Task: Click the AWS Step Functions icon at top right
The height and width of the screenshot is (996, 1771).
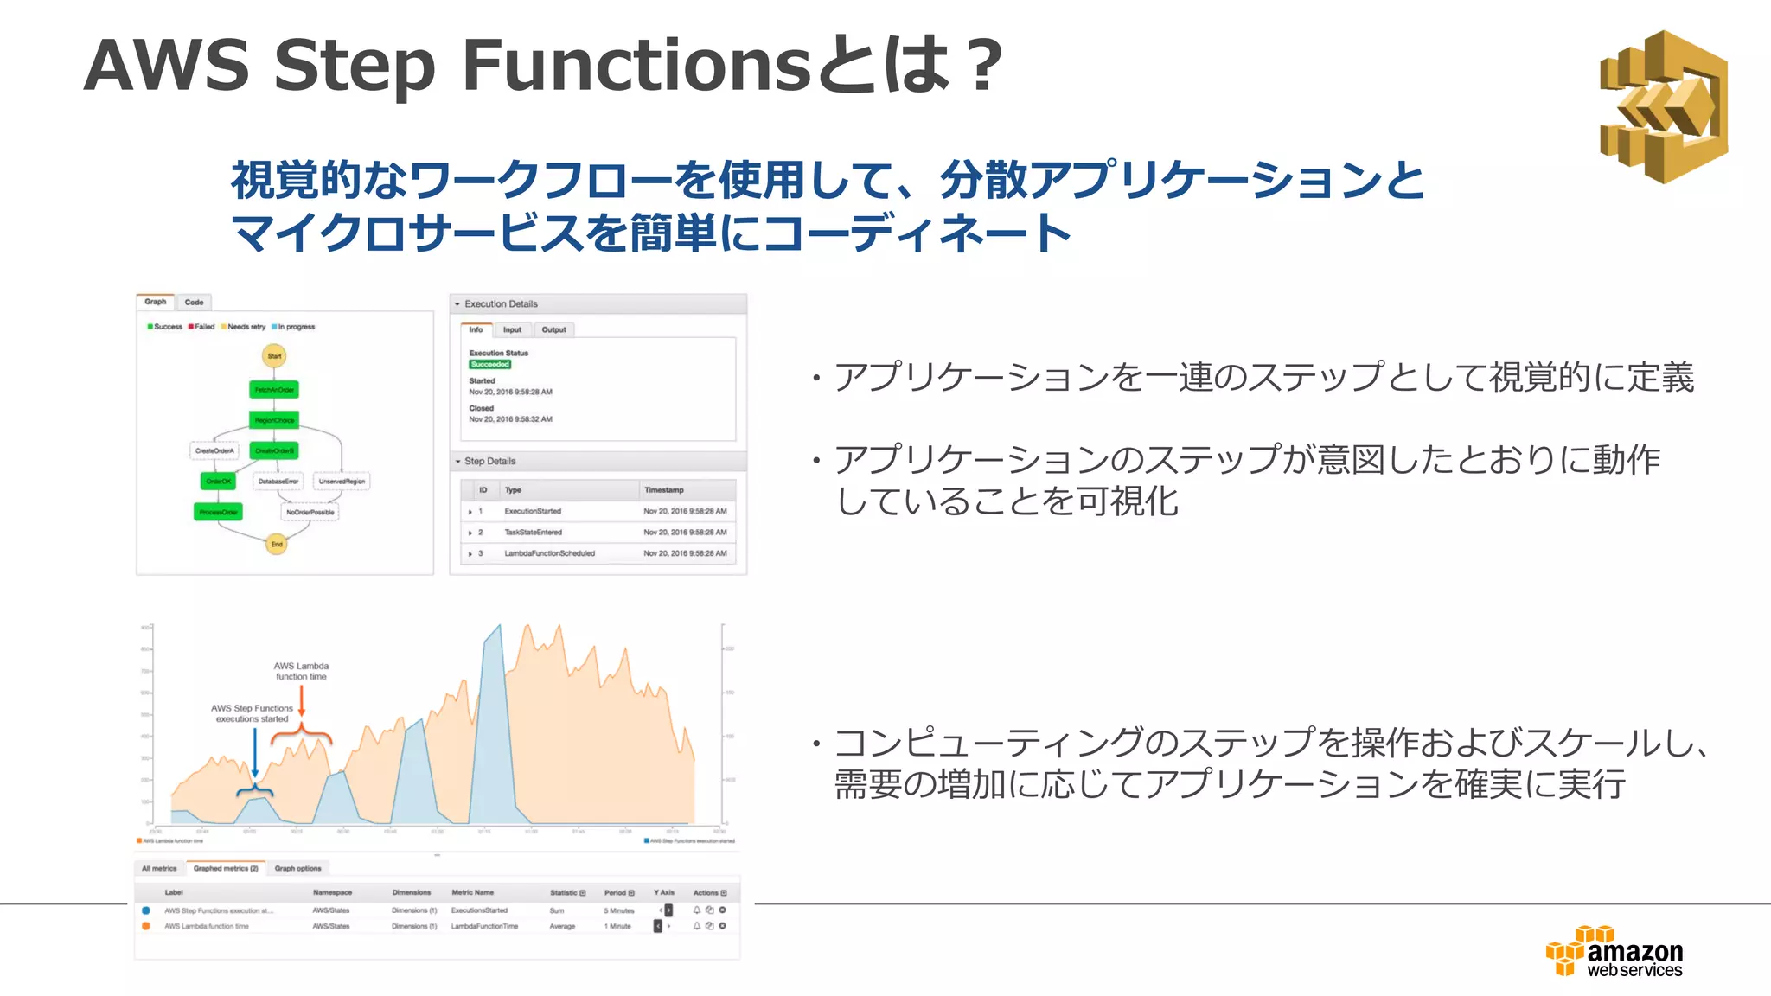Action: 1663,106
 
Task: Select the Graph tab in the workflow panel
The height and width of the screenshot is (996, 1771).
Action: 156,302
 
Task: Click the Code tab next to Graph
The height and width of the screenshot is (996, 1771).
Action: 194,303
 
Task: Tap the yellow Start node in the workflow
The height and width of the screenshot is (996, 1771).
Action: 274,356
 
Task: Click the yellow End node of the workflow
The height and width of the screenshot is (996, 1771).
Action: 277,544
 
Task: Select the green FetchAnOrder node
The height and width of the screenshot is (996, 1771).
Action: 274,390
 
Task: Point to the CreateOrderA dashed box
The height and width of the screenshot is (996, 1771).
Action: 214,450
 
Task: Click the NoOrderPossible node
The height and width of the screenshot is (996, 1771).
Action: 310,512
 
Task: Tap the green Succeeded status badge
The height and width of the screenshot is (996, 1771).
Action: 490,365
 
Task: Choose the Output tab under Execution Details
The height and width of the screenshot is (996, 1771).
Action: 553,329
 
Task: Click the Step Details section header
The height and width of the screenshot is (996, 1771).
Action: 489,461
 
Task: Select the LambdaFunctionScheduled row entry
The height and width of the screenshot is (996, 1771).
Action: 549,553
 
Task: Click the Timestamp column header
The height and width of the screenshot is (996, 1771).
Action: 663,490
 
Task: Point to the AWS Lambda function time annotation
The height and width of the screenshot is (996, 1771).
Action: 301,671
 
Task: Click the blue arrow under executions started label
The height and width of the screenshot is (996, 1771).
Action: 255,752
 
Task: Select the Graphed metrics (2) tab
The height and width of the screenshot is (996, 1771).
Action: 225,868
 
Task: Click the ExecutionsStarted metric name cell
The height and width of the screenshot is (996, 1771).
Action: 479,910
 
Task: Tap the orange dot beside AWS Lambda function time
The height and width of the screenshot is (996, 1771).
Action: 146,926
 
